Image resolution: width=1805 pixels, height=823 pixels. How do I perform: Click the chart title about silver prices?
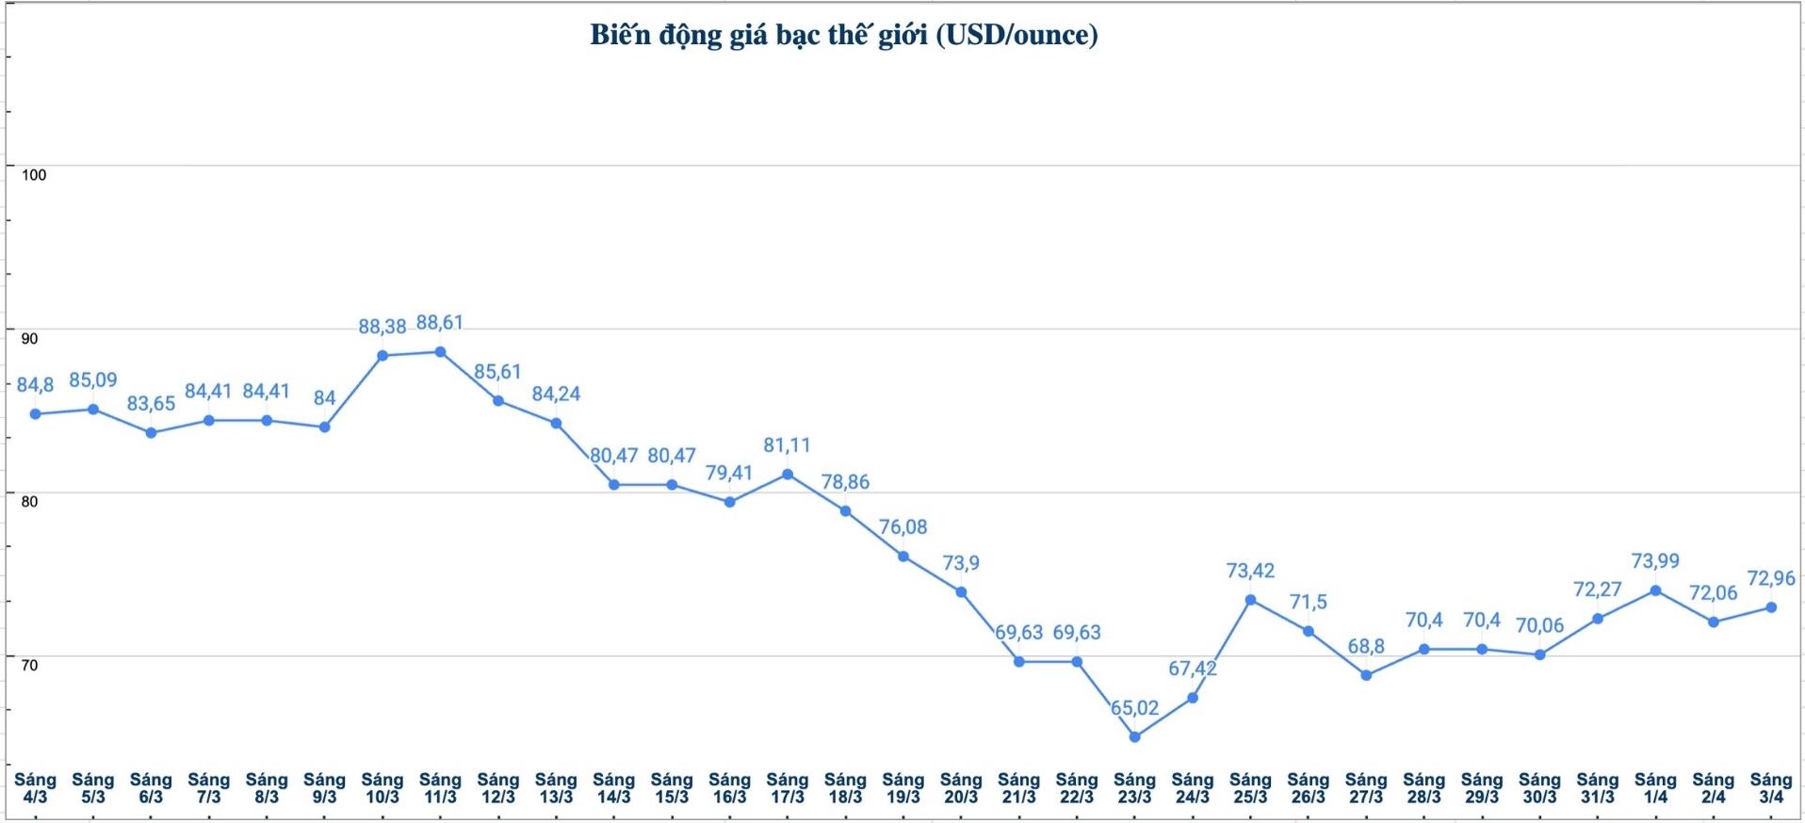click(843, 35)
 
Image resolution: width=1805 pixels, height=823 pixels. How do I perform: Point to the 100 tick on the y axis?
click(34, 175)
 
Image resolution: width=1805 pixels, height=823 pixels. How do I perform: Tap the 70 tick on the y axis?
click(30, 666)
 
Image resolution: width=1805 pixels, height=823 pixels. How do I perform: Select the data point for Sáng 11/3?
click(440, 352)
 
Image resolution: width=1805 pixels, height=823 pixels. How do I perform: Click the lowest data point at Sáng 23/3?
click(1134, 737)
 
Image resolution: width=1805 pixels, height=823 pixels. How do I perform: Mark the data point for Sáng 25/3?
click(1250, 600)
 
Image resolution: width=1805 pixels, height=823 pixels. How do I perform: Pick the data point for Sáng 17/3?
click(788, 475)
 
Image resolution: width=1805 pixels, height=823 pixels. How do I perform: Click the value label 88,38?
click(382, 327)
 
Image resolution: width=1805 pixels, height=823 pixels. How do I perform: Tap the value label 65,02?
click(1134, 708)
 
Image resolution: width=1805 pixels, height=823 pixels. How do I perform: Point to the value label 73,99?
click(1655, 561)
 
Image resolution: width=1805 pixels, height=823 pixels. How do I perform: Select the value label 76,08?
click(902, 527)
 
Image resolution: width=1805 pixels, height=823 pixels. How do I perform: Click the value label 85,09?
click(92, 380)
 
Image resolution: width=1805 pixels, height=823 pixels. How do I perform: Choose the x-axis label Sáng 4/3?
click(35, 788)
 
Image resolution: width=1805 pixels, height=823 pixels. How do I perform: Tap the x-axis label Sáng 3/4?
click(1771, 788)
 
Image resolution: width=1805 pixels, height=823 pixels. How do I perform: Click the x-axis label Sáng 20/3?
click(961, 788)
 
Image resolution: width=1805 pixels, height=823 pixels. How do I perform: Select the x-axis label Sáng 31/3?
click(1597, 788)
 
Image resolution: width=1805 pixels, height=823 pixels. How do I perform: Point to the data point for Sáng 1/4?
click(1655, 590)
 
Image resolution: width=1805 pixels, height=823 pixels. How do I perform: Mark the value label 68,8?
click(1366, 647)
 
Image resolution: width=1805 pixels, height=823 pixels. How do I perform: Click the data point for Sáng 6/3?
click(151, 433)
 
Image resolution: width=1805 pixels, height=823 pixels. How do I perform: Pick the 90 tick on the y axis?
click(30, 339)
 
